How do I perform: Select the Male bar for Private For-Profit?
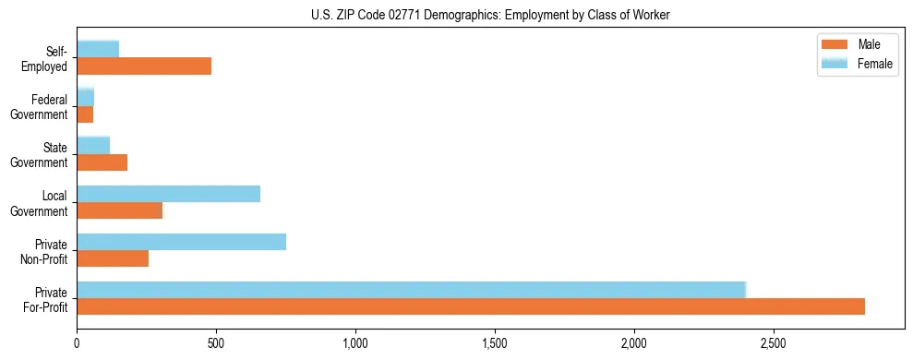(471, 306)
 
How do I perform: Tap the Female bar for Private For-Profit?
(411, 289)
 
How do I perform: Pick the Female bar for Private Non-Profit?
(182, 242)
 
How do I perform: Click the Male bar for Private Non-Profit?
(113, 258)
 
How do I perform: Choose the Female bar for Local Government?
(169, 193)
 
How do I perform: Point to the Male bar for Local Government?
(120, 210)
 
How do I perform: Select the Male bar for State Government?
(102, 162)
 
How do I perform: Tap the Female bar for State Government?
(93, 145)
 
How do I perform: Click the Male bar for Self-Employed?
(144, 66)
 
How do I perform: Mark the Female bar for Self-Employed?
(98, 49)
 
